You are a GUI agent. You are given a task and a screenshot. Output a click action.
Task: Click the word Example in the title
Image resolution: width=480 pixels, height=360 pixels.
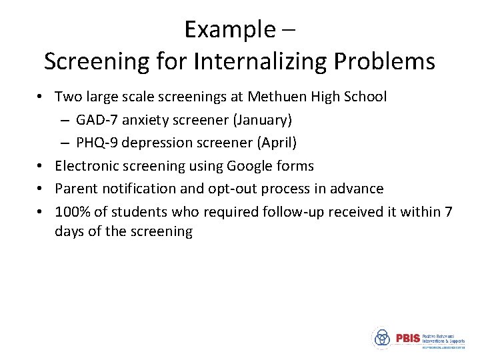click(229, 29)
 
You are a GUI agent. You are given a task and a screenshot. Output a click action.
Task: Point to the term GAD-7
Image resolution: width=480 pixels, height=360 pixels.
click(96, 120)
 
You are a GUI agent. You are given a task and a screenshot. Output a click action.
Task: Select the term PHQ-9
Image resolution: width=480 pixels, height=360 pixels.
click(97, 143)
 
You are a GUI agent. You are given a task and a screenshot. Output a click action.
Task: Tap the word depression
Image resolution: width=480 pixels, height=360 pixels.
click(157, 143)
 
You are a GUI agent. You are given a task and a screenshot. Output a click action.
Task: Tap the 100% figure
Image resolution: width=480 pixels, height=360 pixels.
click(71, 212)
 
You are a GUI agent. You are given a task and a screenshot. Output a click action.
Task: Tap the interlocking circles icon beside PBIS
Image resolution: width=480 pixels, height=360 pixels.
click(382, 338)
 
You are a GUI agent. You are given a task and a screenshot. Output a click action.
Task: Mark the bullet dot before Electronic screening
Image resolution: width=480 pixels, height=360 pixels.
click(41, 166)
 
